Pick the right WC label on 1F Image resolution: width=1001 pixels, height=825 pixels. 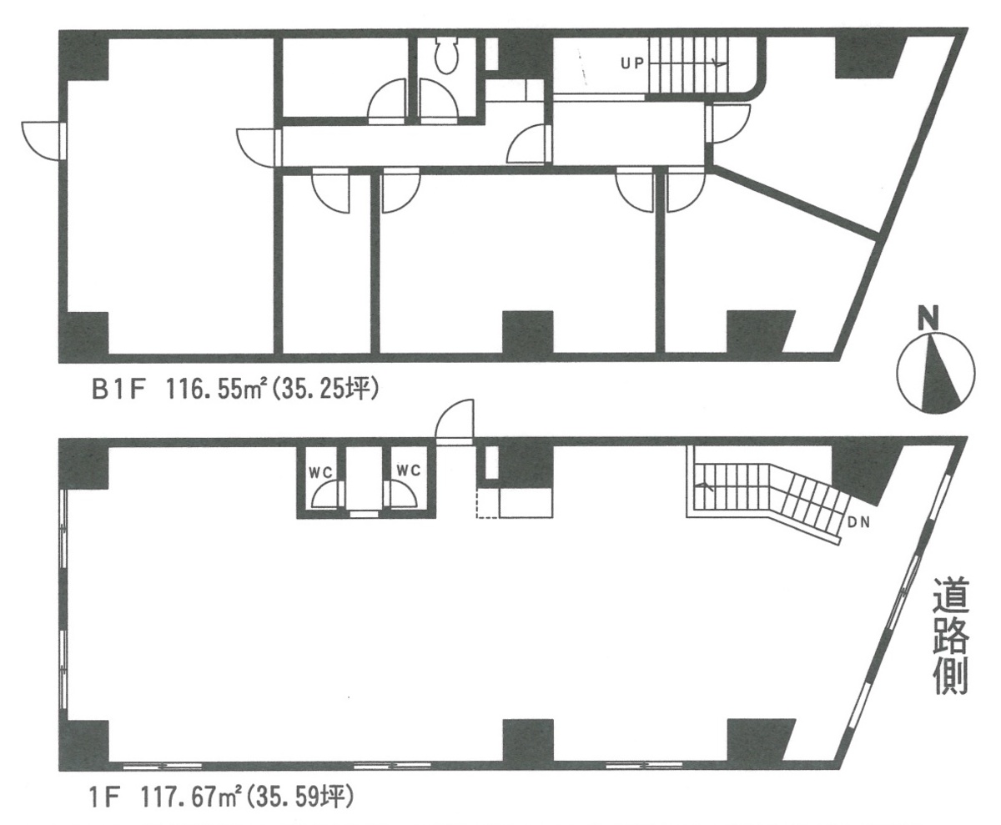coord(407,471)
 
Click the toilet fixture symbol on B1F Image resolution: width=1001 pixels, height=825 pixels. coord(447,55)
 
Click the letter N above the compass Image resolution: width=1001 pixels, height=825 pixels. coord(927,318)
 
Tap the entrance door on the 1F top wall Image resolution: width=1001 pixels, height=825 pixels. coord(455,420)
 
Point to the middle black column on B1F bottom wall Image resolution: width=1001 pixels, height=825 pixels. coord(527,331)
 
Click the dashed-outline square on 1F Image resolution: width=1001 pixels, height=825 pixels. coord(486,506)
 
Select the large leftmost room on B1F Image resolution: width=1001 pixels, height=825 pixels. coord(167,209)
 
